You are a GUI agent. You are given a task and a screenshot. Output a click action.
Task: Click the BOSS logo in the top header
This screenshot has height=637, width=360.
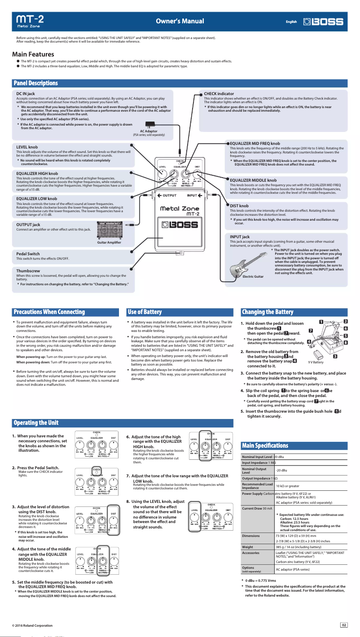(x=323, y=22)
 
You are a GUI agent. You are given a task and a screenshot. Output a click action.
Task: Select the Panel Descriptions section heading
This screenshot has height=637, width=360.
(x=36, y=83)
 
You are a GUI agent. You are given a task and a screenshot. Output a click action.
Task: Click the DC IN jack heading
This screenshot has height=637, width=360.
(x=26, y=93)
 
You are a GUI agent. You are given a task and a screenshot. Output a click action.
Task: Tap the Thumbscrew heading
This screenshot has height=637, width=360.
(x=28, y=271)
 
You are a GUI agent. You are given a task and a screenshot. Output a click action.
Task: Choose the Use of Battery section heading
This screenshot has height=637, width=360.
(x=145, y=312)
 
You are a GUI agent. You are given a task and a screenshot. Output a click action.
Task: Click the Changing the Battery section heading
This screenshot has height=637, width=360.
(x=268, y=312)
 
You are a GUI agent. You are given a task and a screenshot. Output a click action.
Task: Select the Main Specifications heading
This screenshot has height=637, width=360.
(x=265, y=445)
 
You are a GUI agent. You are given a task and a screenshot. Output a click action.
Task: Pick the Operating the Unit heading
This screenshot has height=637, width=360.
(x=36, y=423)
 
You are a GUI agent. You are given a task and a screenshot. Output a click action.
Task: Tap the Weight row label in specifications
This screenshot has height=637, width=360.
(x=247, y=547)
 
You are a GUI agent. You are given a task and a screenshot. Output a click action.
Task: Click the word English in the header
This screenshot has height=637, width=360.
(x=291, y=22)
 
